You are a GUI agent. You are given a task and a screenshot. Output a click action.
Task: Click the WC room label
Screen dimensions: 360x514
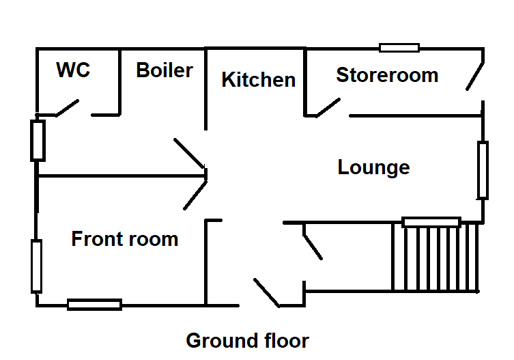(74, 70)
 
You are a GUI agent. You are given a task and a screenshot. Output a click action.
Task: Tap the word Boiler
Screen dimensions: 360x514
(164, 70)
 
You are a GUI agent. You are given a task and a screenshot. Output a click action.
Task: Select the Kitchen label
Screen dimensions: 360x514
(259, 80)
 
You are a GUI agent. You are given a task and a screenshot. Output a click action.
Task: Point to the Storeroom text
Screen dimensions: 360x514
(387, 75)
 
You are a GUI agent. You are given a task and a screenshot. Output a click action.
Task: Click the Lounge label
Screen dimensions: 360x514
(374, 167)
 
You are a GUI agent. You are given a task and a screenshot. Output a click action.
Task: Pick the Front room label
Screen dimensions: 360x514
(125, 239)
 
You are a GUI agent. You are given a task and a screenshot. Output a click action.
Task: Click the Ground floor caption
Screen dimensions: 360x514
(247, 340)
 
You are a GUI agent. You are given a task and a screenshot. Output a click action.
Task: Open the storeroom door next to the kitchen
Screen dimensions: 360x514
(328, 107)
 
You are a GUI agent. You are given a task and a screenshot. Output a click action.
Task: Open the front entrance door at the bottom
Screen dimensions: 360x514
(266, 292)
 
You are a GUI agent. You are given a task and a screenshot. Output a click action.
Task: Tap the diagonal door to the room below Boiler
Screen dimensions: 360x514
(190, 154)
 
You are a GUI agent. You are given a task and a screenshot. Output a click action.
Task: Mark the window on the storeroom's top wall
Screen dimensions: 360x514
(399, 48)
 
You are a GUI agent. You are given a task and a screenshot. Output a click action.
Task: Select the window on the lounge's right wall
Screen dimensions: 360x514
(483, 170)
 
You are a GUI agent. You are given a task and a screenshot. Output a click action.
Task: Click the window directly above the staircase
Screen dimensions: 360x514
(431, 222)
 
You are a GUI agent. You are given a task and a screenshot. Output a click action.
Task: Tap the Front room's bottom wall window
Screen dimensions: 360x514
(94, 305)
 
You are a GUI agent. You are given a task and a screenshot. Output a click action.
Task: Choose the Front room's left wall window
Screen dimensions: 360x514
(36, 266)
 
